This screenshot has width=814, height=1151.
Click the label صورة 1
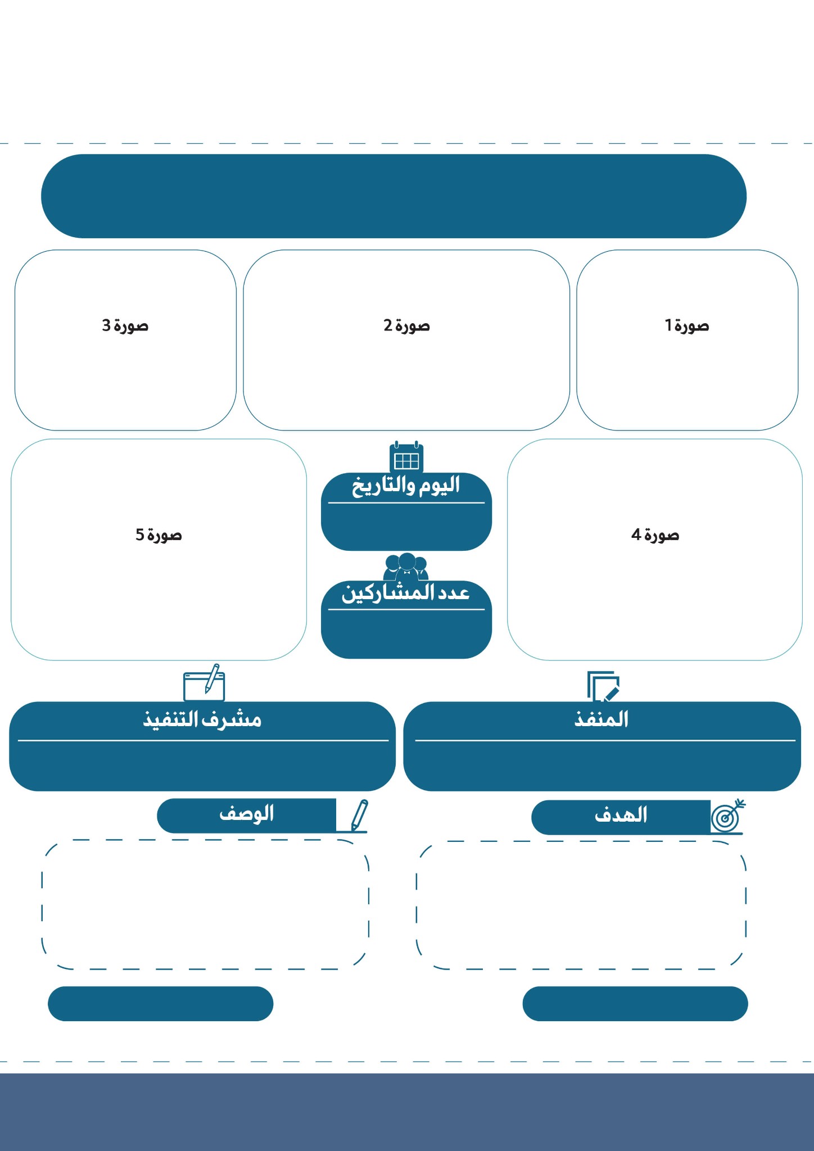(686, 325)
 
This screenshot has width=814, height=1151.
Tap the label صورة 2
(406, 325)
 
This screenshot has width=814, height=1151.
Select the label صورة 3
(125, 325)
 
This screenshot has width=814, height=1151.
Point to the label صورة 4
(655, 534)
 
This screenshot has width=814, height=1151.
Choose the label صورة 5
(159, 534)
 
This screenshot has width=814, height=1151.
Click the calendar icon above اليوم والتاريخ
(406, 458)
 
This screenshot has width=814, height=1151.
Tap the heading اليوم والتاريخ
(406, 485)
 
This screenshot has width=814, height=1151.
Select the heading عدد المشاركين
(406, 593)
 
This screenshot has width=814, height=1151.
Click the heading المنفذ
(602, 719)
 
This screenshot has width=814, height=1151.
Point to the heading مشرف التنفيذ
(202, 719)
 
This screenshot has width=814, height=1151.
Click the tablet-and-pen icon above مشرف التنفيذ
(204, 683)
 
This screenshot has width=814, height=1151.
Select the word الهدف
(621, 815)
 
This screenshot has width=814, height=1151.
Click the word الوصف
(247, 813)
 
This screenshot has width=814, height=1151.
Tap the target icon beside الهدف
(727, 817)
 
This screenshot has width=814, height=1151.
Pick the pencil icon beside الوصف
(358, 815)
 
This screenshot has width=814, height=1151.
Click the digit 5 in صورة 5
(140, 534)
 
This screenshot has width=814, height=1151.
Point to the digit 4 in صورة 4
(636, 534)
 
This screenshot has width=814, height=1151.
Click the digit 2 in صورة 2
(388, 325)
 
